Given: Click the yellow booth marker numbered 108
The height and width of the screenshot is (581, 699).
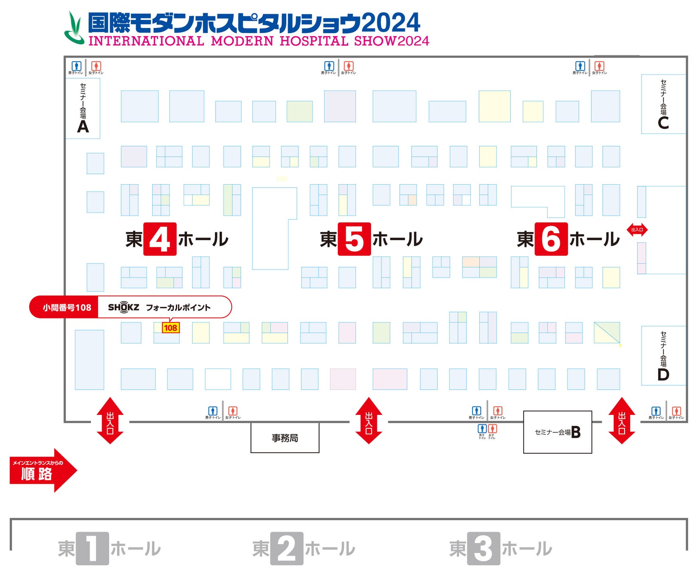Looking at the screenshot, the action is [170, 328].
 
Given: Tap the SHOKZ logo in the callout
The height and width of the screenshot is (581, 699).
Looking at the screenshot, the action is [124, 307].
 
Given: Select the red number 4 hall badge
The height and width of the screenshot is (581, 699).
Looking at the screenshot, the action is [159, 239].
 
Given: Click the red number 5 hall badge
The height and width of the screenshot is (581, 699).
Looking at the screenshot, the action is [354, 239].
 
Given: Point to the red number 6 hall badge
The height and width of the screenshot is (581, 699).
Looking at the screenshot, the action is [551, 239].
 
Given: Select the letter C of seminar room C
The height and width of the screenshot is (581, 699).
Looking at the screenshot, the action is [663, 123].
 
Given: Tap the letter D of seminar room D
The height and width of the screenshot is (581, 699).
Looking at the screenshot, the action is [663, 374].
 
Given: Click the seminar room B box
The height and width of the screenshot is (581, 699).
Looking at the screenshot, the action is [557, 432].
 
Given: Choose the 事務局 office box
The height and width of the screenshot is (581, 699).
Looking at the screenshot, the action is [285, 438].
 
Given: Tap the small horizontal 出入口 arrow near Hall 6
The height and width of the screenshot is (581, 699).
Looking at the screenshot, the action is [637, 230].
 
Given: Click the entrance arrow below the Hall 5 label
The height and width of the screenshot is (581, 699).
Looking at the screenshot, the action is [368, 420].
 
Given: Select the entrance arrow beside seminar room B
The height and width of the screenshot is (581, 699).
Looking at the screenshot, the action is [621, 420].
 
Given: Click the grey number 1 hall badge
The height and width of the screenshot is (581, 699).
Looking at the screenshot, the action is [92, 549].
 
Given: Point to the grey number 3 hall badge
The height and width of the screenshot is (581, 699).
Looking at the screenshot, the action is [483, 549].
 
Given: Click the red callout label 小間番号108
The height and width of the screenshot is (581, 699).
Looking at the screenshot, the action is [67, 307].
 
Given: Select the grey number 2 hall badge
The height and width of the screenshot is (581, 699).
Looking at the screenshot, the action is [286, 549].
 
